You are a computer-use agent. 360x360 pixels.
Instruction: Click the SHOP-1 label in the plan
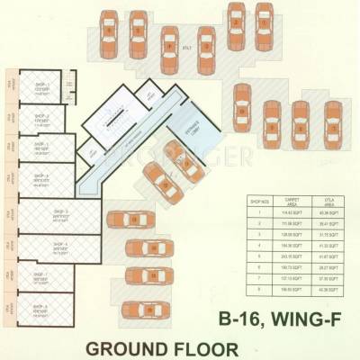click(x=41, y=85)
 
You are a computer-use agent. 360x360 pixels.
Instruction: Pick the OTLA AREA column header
click(x=325, y=202)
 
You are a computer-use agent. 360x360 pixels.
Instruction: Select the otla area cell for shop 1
click(x=325, y=212)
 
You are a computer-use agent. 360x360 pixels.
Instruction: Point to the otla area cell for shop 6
click(x=325, y=266)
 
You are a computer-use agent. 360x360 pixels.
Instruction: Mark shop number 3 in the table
click(x=257, y=234)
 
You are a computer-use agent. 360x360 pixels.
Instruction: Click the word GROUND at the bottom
click(x=139, y=346)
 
